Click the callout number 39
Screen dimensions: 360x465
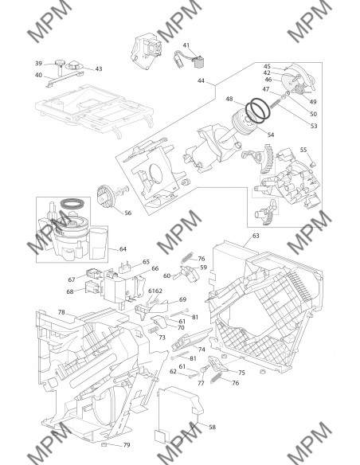click(x=38, y=63)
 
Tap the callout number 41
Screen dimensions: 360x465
click(x=186, y=45)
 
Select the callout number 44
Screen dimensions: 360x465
click(x=201, y=80)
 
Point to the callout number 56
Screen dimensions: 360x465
click(x=127, y=213)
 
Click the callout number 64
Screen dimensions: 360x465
click(x=123, y=248)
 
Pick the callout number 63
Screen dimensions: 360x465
click(x=256, y=236)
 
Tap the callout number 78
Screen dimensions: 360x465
click(x=61, y=312)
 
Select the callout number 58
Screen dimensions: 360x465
click(x=213, y=427)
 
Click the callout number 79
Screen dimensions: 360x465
click(x=127, y=445)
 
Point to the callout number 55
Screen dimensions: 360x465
click(x=303, y=150)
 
